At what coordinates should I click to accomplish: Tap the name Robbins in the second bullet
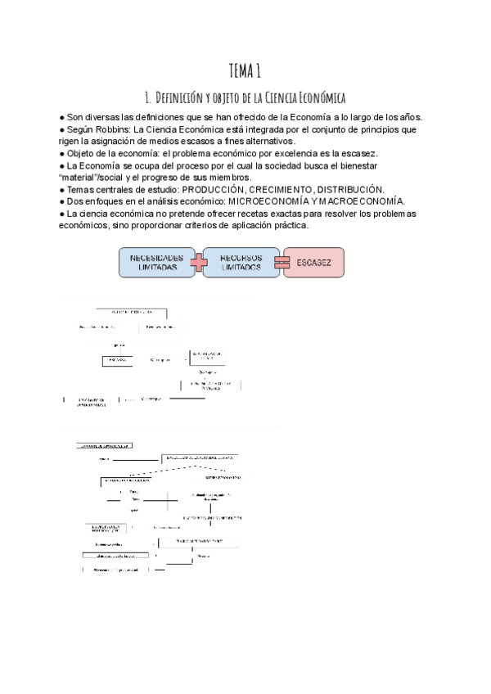pos(113,129)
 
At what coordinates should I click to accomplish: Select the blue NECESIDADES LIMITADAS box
pos(156,262)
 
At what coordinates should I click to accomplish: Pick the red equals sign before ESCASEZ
pos(281,262)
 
